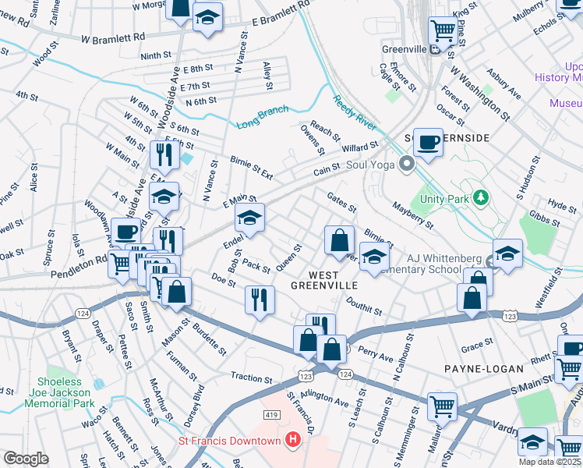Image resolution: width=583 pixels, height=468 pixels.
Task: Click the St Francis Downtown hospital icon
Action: [x=292, y=441]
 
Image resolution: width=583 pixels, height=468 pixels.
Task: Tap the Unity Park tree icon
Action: [x=482, y=198]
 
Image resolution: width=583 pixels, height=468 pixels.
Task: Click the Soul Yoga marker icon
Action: [x=405, y=164]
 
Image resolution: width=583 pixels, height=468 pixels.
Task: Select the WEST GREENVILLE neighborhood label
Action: [x=323, y=280]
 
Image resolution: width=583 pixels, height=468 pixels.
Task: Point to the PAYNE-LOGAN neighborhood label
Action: [x=476, y=367]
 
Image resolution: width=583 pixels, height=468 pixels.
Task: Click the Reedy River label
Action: [x=355, y=113]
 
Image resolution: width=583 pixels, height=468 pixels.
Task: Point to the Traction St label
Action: [x=251, y=378]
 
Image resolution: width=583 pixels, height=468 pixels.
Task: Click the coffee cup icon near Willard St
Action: [x=428, y=142]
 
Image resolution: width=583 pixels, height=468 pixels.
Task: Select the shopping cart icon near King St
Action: [x=443, y=30]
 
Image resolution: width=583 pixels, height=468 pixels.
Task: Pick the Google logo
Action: [x=26, y=459]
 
